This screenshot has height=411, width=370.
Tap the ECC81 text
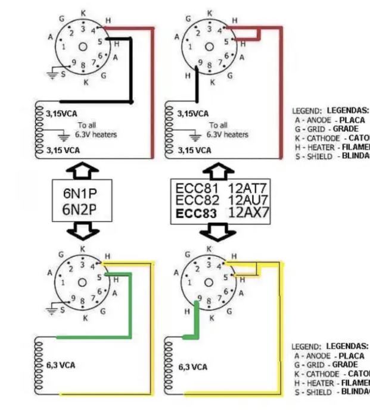point(193,188)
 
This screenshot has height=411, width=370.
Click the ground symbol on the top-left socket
point(53,74)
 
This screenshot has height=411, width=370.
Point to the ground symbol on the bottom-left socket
point(53,310)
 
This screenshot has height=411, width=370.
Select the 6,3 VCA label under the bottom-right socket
point(192,367)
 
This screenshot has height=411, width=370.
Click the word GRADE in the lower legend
point(345,364)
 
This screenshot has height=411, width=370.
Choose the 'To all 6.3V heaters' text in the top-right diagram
point(227,130)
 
